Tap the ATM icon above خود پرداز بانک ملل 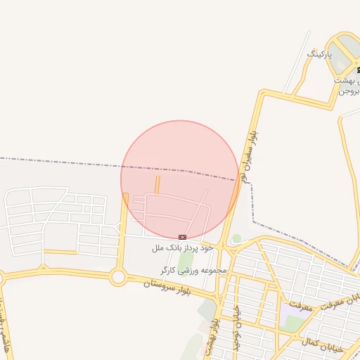tap(182, 237)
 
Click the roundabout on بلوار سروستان tap(118, 278)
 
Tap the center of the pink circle tap(180, 179)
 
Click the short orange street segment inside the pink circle tap(157, 184)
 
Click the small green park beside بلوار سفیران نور tap(237, 239)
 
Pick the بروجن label tap(349, 91)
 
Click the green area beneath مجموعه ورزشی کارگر tap(185, 260)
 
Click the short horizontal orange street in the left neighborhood tap(60, 252)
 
